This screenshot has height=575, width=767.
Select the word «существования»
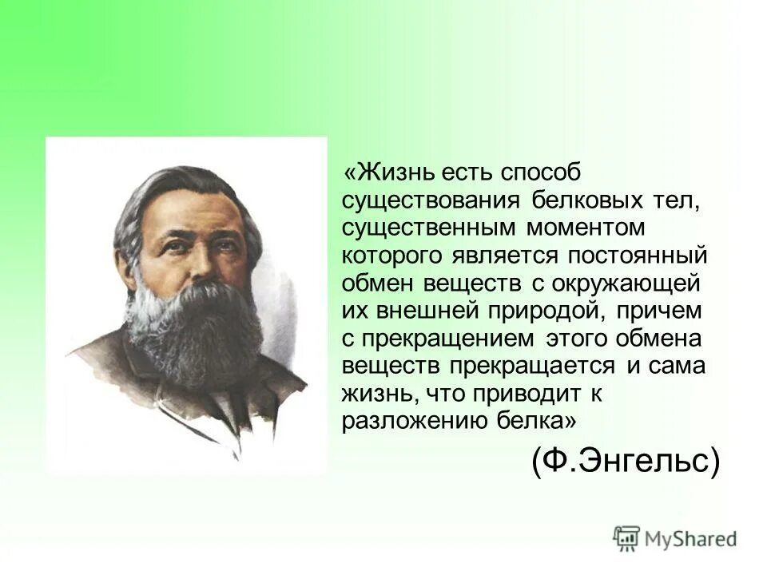(x=427, y=200)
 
